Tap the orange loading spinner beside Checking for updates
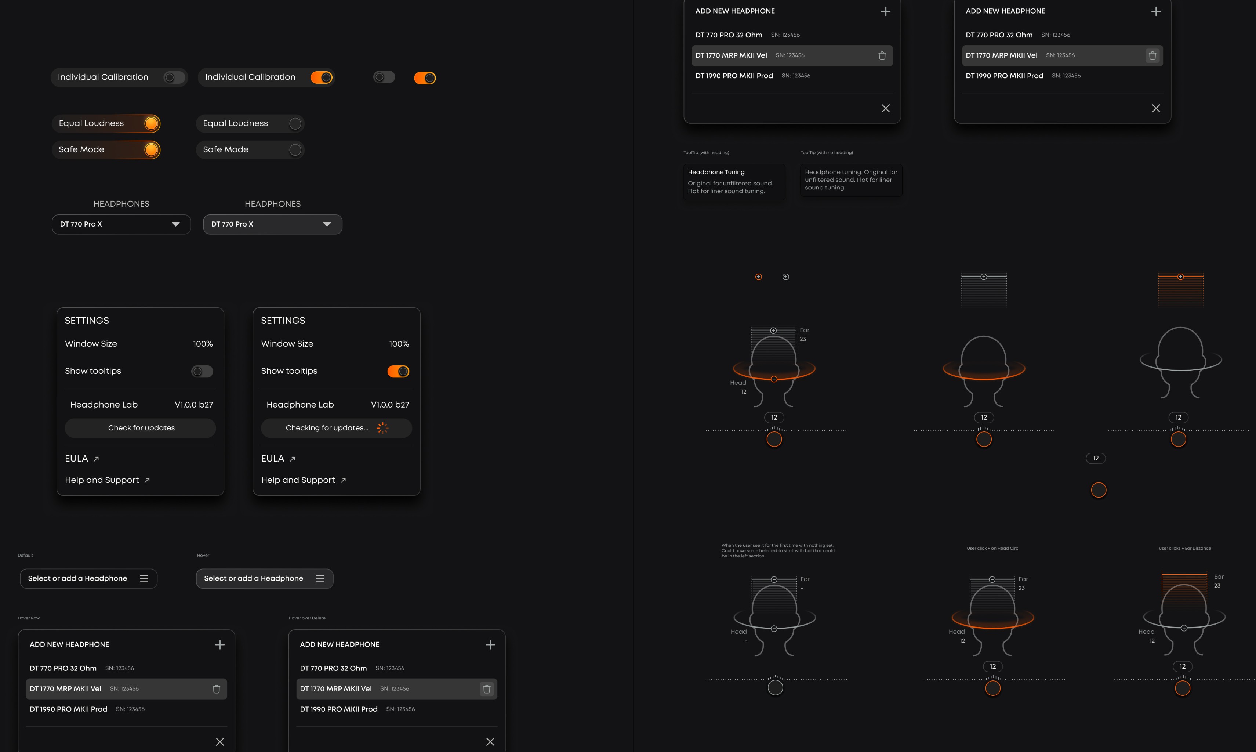click(382, 428)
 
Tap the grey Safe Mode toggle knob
click(295, 150)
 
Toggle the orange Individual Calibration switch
click(322, 77)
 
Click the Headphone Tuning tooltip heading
click(716, 172)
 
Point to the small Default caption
click(25, 556)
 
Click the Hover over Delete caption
click(307, 618)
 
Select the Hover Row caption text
click(28, 618)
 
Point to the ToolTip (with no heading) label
click(827, 152)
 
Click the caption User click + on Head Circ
click(992, 548)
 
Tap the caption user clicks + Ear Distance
click(1184, 548)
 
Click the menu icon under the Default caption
click(144, 579)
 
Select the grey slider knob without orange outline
click(775, 688)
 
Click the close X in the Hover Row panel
click(220, 741)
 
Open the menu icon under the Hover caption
click(320, 579)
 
